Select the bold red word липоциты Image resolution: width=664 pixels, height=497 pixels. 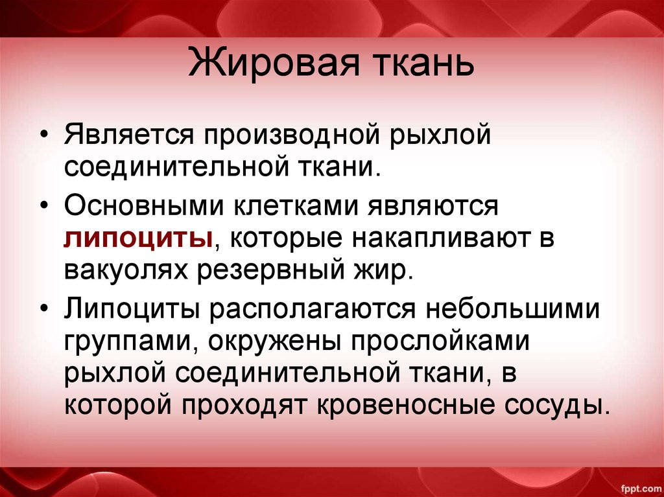click(x=139, y=238)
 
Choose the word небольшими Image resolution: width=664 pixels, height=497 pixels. click(x=513, y=310)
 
